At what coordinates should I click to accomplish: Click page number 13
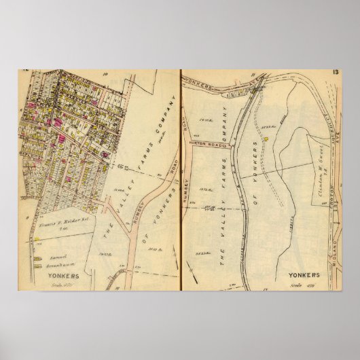pyautogui.click(x=336, y=72)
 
